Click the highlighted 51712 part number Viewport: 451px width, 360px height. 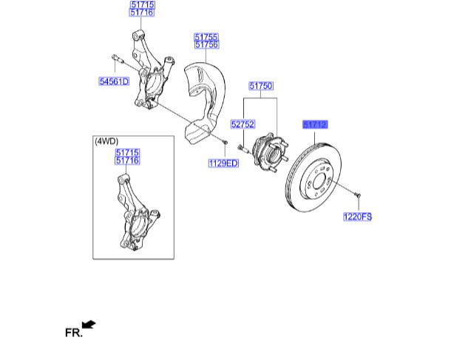point(314,125)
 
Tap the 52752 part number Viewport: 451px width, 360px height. point(242,125)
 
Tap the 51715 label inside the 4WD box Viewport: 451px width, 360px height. point(127,152)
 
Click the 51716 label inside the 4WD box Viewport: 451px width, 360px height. point(127,160)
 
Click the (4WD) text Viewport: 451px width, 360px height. point(106,140)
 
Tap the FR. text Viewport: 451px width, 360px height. point(72,333)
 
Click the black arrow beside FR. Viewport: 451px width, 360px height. point(89,324)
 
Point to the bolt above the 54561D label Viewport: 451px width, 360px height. point(117,58)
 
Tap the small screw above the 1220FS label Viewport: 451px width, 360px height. point(357,194)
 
